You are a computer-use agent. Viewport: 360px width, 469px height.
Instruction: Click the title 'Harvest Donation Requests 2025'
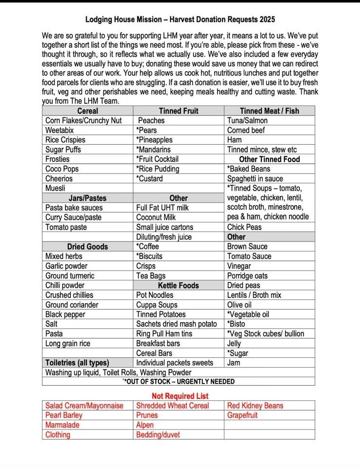(180, 20)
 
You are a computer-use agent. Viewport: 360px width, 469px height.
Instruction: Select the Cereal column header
(87, 111)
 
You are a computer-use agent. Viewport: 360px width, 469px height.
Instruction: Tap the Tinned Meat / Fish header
(269, 111)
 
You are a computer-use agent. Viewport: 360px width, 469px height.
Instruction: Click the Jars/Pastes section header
(87, 198)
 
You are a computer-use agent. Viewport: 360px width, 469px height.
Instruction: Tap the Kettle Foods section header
(178, 285)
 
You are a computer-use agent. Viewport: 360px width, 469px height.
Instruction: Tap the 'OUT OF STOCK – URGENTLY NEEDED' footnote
(179, 382)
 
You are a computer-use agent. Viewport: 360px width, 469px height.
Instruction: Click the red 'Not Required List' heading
(180, 396)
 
